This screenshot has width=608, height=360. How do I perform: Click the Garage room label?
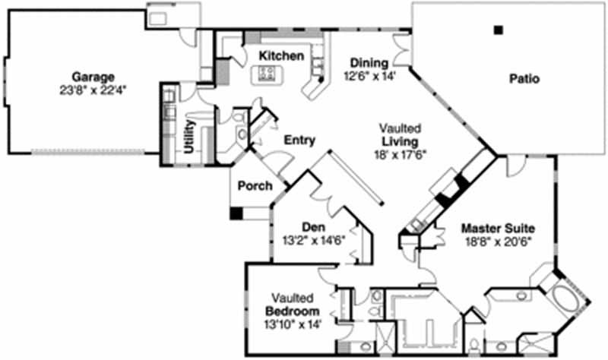pyautogui.click(x=93, y=77)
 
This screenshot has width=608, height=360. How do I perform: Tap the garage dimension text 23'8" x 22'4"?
pyautogui.click(x=93, y=89)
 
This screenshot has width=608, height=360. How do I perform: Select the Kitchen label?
pyautogui.click(x=281, y=57)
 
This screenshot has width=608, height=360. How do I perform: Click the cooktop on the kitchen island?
pyautogui.click(x=267, y=74)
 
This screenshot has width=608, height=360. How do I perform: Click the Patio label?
pyautogui.click(x=524, y=78)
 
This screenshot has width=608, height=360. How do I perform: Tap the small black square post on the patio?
pyautogui.click(x=498, y=30)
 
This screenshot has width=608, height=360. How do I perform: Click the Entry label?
pyautogui.click(x=299, y=140)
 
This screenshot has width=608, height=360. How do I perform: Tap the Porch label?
pyautogui.click(x=255, y=186)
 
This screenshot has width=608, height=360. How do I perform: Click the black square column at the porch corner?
pyautogui.click(x=236, y=214)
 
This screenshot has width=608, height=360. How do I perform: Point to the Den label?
pyautogui.click(x=314, y=226)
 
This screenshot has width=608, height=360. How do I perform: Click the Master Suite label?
pyautogui.click(x=499, y=228)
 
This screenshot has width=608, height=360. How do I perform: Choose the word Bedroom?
pyautogui.click(x=292, y=312)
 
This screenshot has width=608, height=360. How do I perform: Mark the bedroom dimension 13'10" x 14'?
pyautogui.click(x=292, y=324)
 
